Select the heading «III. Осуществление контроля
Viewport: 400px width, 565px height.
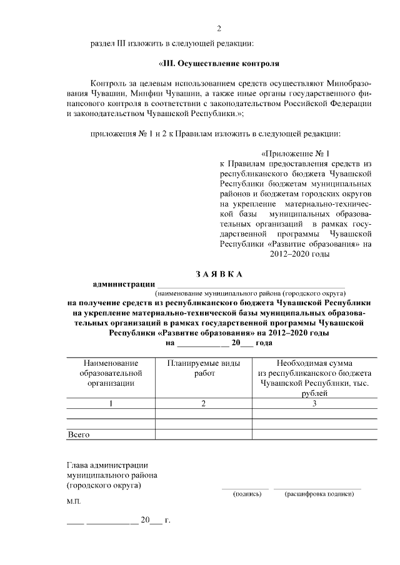click(218, 64)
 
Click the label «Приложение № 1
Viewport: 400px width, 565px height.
click(294, 153)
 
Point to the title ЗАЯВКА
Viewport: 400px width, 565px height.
click(218, 274)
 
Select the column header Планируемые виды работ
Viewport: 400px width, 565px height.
click(203, 368)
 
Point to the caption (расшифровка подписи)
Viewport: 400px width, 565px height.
click(319, 494)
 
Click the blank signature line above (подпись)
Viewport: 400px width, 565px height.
click(244, 488)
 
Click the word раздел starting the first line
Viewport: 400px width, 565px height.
click(103, 44)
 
